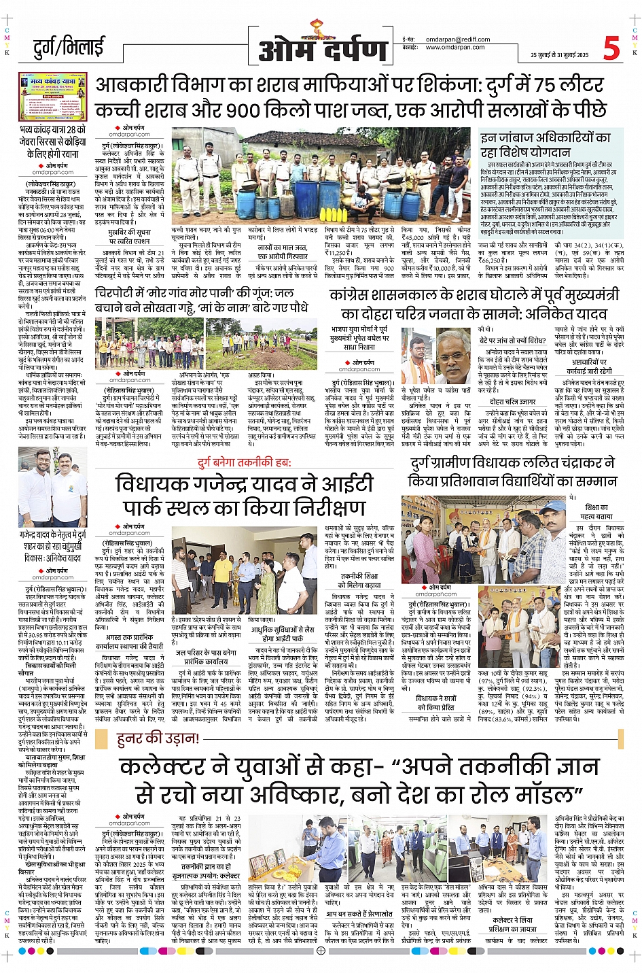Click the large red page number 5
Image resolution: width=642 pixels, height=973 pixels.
click(611, 48)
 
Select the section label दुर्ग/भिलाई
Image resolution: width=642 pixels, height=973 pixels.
click(69, 48)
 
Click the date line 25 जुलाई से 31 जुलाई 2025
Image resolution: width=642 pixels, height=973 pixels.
click(559, 55)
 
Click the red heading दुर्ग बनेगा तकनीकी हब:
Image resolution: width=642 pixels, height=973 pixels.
click(244, 463)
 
